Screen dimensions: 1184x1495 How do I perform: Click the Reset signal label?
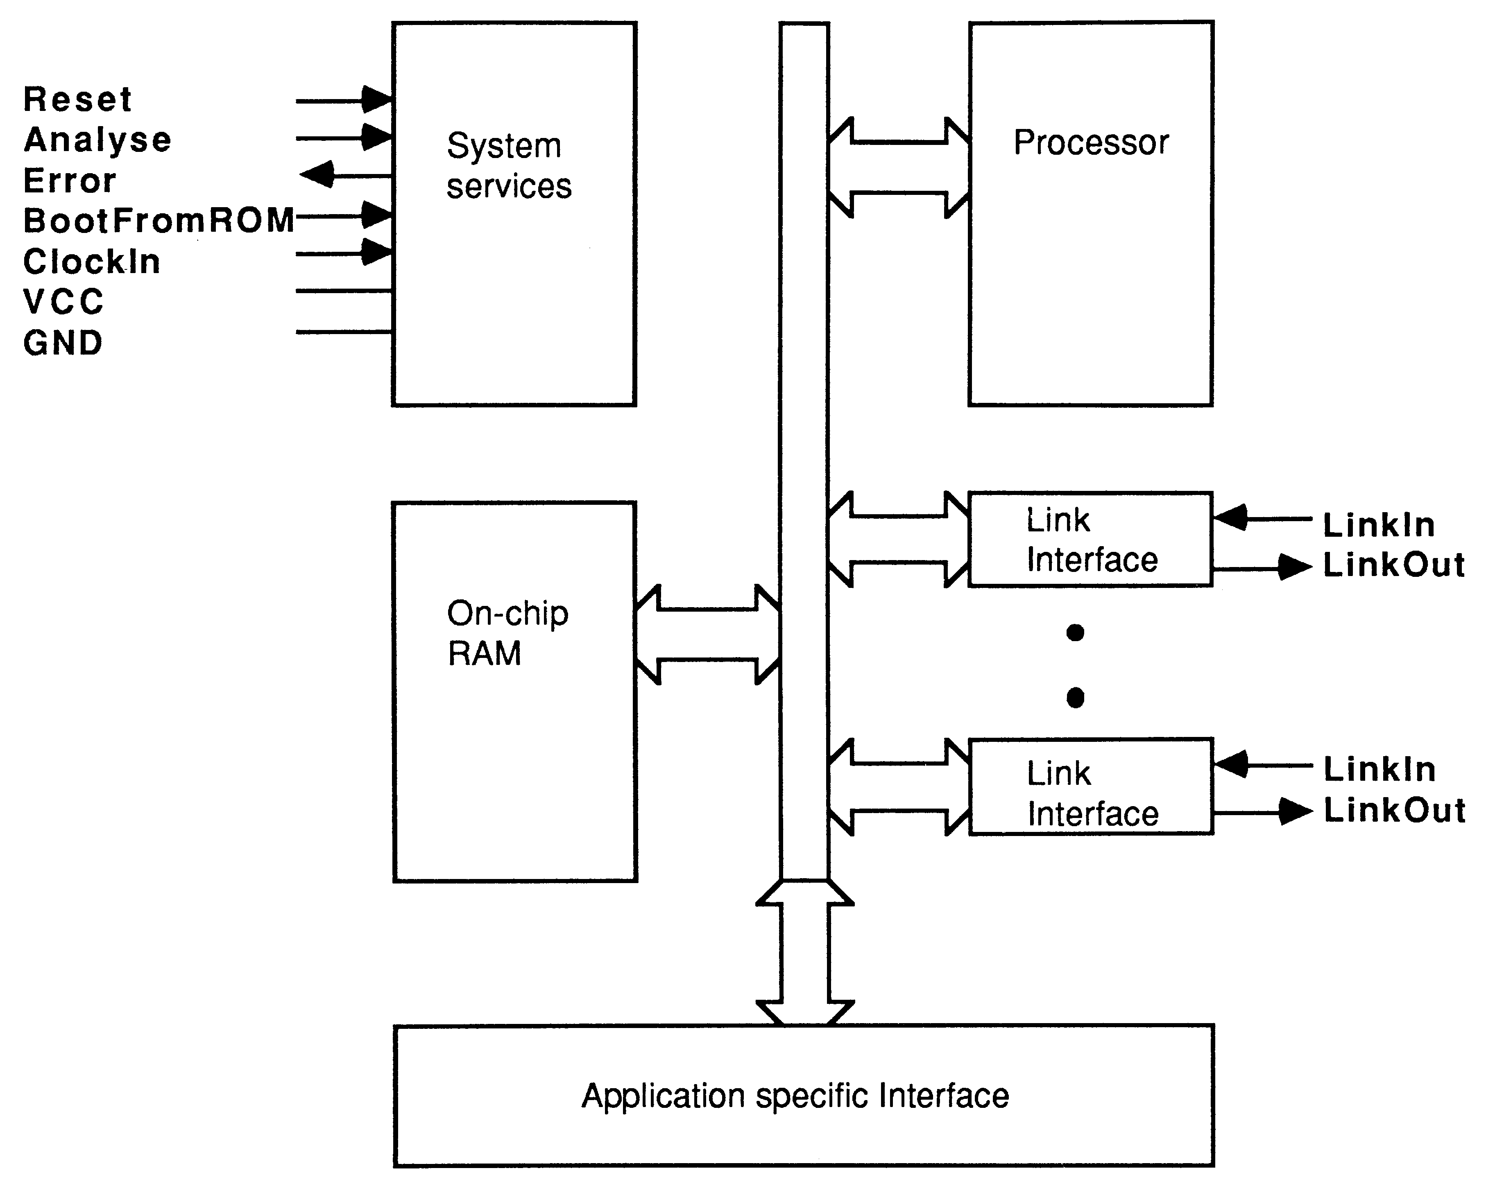pyautogui.click(x=77, y=99)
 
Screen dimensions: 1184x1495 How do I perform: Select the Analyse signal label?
pyautogui.click(x=97, y=140)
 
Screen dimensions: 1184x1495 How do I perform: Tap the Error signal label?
pyautogui.click(x=69, y=181)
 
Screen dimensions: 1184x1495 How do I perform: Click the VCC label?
pyautogui.click(x=63, y=302)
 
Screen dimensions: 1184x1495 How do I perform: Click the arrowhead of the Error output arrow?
pyautogui.click(x=317, y=175)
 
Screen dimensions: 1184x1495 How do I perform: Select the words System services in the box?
pyautogui.click(x=508, y=166)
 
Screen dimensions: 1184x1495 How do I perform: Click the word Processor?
pyautogui.click(x=1091, y=143)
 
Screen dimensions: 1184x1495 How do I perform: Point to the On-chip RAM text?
pyautogui.click(x=507, y=633)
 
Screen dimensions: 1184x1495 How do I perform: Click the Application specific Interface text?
pyautogui.click(x=795, y=1096)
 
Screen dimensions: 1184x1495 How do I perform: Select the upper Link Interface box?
pyautogui.click(x=1090, y=539)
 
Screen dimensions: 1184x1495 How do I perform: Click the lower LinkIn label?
pyautogui.click(x=1379, y=769)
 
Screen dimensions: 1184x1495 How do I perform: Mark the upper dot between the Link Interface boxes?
pyautogui.click(x=1075, y=632)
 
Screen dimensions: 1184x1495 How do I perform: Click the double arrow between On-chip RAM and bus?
pyautogui.click(x=707, y=634)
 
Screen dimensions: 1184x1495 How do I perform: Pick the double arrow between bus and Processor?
pyautogui.click(x=899, y=168)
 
